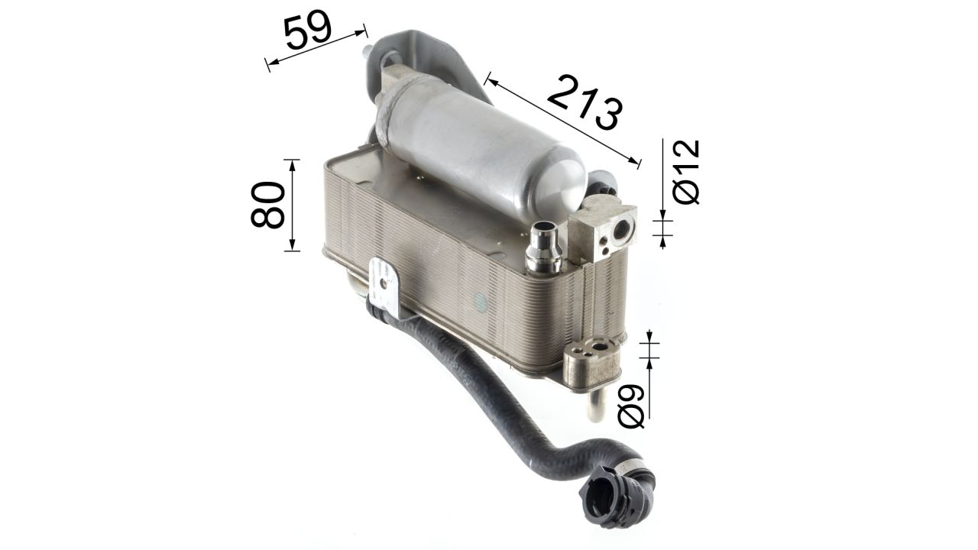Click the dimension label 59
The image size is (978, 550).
pos(308,30)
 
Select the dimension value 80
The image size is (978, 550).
pos(267,205)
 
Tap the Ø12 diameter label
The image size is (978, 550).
pos(686,172)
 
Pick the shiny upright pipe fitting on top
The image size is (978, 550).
pos(543,249)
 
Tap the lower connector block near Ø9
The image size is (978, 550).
pos(592,361)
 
